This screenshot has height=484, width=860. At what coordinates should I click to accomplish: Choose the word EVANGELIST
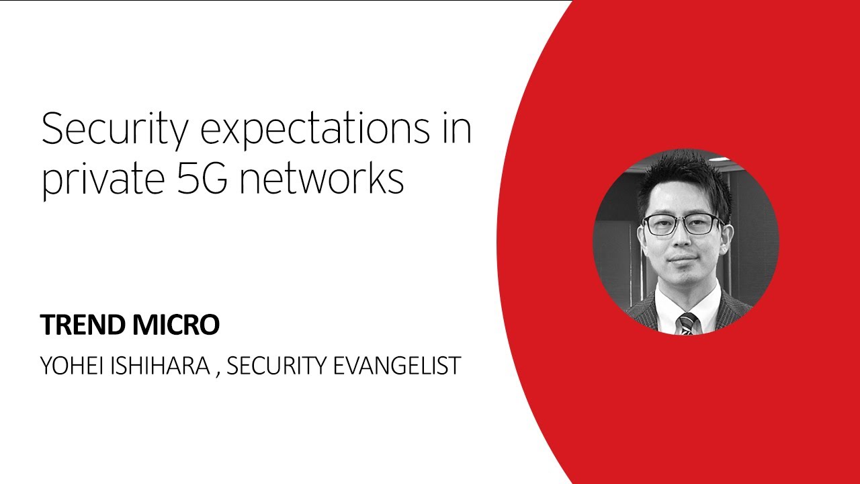coord(401,365)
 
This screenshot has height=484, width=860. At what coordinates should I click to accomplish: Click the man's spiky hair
coord(682,178)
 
